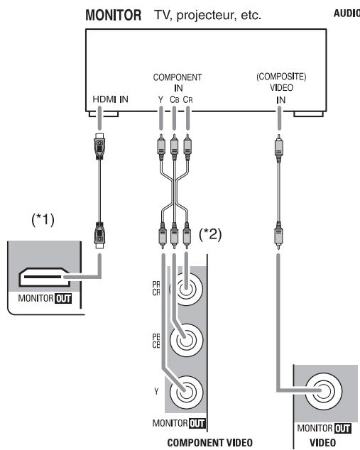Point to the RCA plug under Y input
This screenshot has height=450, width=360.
point(160,150)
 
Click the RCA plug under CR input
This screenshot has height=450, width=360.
point(188,150)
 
